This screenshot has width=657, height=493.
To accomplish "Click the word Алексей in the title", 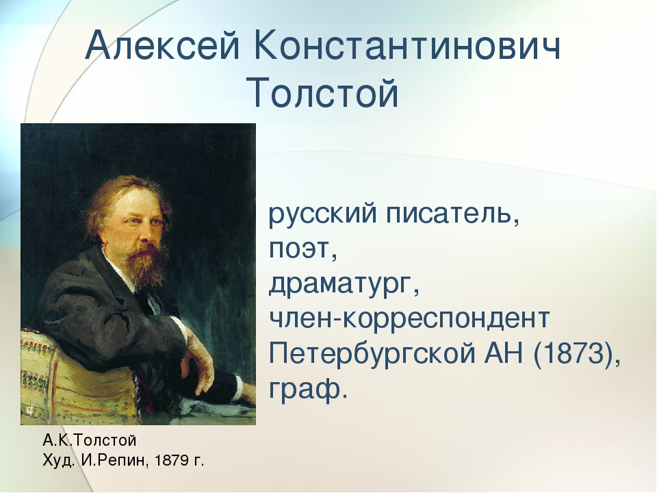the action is click(163, 45).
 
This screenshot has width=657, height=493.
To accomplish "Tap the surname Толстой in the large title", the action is click(322, 92).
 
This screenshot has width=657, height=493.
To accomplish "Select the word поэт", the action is click(303, 250).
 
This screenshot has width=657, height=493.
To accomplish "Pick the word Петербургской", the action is click(372, 354).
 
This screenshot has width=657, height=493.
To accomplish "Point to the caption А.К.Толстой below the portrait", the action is click(90, 440).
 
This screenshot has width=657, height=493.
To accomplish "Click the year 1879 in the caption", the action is click(172, 461).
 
